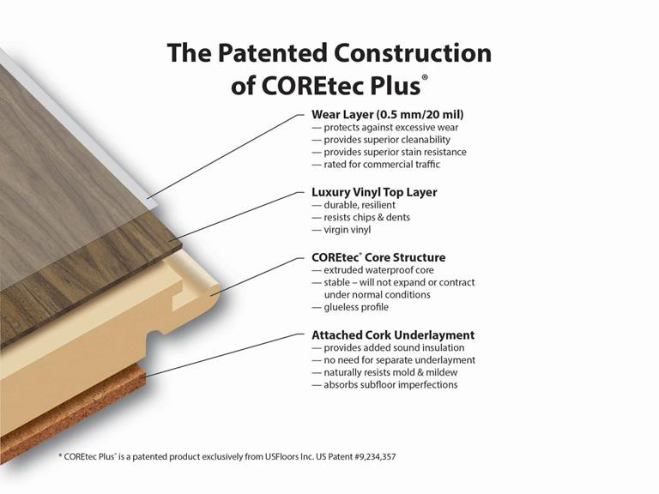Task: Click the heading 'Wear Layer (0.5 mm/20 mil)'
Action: pos(388,113)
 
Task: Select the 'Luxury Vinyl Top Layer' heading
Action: pos(374,192)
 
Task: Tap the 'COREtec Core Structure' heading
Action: pos(378,257)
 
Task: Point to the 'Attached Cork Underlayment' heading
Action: pos(393,334)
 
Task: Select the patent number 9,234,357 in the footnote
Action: pos(369,457)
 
